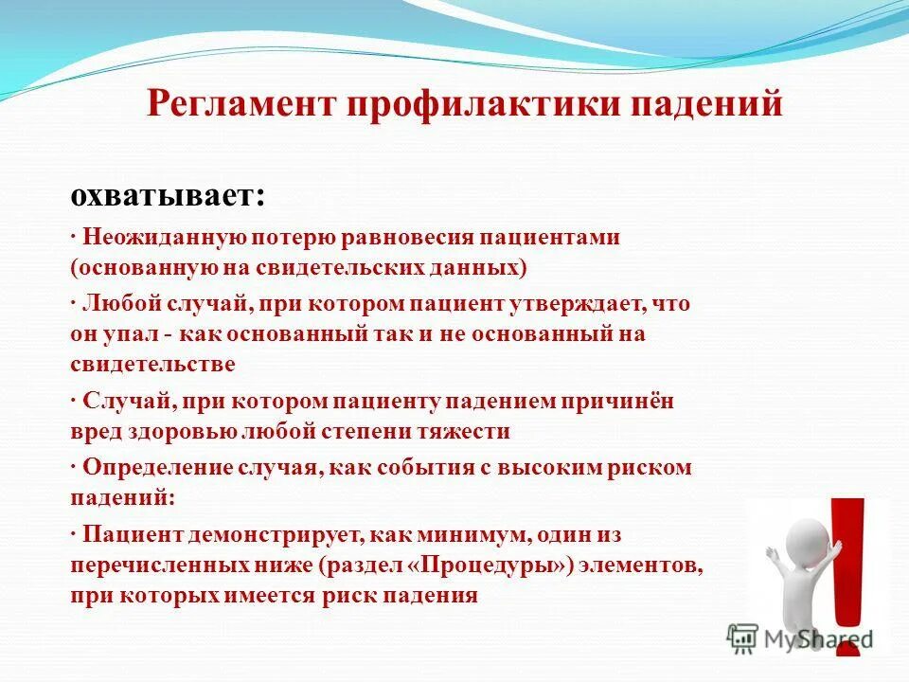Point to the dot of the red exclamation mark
point(849,640)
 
